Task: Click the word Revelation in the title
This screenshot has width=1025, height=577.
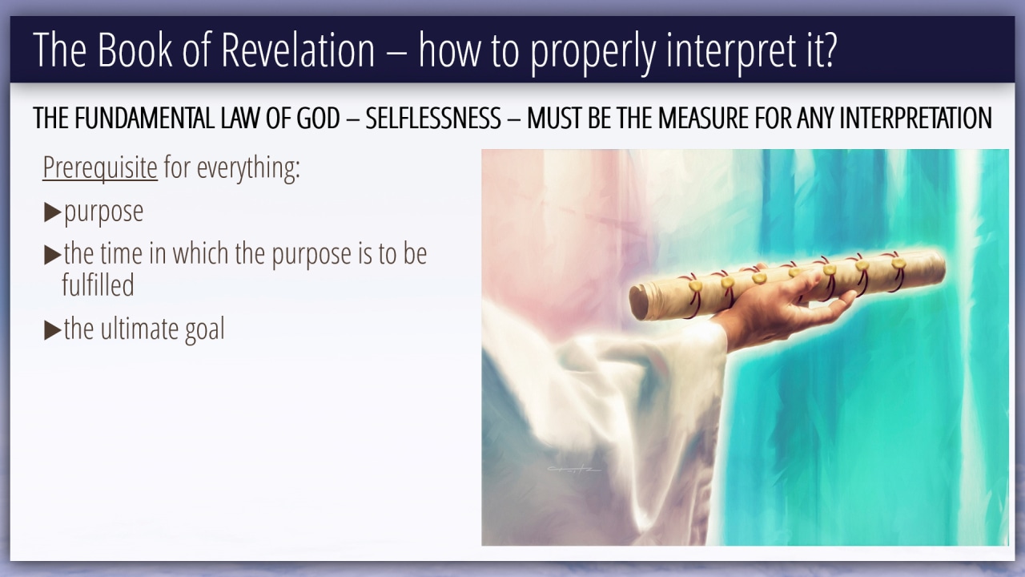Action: [298, 50]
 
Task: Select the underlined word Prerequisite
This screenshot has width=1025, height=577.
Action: [100, 167]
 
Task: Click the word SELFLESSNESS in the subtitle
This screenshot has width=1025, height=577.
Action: [433, 118]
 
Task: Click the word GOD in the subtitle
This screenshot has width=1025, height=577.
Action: [318, 118]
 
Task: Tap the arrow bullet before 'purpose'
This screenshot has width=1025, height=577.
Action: [53, 212]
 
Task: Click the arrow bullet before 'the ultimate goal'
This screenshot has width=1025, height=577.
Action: [53, 329]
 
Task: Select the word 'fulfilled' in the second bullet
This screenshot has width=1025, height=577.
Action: [98, 284]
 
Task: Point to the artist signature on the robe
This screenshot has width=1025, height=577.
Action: [574, 469]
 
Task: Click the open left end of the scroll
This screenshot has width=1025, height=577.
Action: [637, 303]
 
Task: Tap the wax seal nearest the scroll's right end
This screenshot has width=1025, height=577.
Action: [898, 263]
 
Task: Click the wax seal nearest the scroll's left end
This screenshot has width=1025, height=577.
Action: [696, 286]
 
